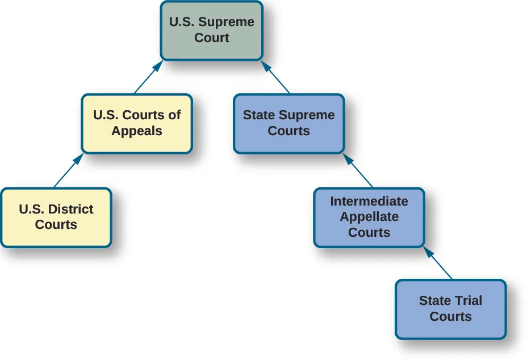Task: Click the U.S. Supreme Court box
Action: (x=211, y=31)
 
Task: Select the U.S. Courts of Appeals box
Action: (x=137, y=123)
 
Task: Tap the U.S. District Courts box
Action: (x=56, y=217)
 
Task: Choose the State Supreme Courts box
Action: (x=288, y=123)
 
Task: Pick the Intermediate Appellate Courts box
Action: (x=369, y=217)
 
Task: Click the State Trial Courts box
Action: (x=450, y=309)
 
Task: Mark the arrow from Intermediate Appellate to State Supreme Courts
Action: (x=358, y=170)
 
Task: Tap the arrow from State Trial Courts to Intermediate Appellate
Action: (x=438, y=263)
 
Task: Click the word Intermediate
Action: (x=369, y=201)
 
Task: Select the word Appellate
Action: (x=369, y=217)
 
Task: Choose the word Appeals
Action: (x=137, y=131)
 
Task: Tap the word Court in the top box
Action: (x=211, y=38)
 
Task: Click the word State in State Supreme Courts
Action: (x=258, y=115)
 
